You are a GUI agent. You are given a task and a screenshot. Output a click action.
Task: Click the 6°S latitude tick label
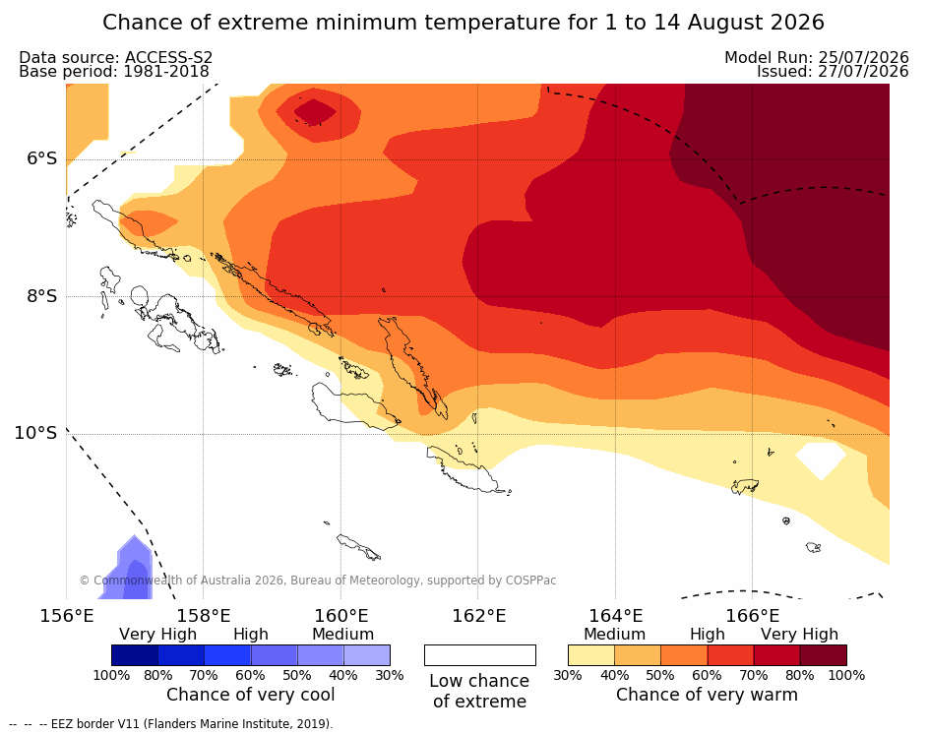(41, 158)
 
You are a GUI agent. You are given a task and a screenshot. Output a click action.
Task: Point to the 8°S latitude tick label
(41, 296)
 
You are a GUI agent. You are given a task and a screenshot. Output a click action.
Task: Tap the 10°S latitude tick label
(36, 433)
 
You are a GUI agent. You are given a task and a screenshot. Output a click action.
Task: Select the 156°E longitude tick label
(66, 616)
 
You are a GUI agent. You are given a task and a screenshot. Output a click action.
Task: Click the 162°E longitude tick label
(478, 616)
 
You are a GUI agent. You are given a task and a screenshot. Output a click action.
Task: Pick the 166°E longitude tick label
(753, 616)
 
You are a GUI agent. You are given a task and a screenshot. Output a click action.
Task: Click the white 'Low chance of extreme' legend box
(480, 655)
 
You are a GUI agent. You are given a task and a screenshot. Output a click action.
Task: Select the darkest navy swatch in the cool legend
(135, 655)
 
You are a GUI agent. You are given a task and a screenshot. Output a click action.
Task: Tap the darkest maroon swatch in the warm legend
(824, 655)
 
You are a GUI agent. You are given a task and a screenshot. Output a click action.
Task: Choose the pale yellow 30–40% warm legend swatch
(591, 655)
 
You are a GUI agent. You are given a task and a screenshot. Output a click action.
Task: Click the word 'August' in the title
(725, 23)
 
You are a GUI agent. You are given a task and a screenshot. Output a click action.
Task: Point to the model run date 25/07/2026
(863, 57)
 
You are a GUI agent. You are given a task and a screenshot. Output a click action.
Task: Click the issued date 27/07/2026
(863, 72)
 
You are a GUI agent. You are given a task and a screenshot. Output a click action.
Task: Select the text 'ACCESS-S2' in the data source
(168, 57)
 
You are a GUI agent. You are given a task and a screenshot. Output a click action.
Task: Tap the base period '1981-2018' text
(165, 72)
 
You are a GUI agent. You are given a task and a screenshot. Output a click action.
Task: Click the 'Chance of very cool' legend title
(250, 695)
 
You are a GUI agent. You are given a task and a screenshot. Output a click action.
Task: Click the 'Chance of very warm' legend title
(707, 695)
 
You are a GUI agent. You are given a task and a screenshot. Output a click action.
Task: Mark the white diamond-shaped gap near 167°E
(821, 459)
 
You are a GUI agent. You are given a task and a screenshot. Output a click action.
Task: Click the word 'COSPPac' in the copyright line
(530, 581)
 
